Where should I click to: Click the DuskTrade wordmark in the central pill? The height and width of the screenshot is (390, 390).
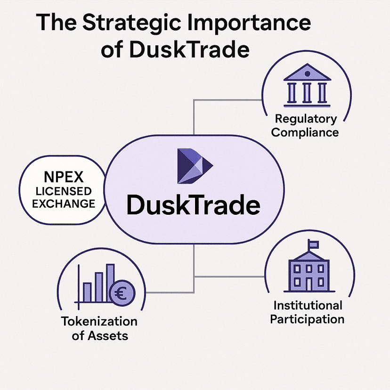click(194, 206)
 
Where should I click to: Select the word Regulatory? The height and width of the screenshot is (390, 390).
click(306, 119)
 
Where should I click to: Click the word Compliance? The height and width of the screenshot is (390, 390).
click(305, 132)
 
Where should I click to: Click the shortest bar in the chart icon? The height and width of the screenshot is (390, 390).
click(87, 292)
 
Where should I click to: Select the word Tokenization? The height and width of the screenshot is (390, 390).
click(99, 322)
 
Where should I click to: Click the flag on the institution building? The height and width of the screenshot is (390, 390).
click(313, 244)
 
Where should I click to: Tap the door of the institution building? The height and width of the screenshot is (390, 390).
click(309, 284)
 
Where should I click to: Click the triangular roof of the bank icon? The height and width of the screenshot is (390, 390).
click(306, 73)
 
